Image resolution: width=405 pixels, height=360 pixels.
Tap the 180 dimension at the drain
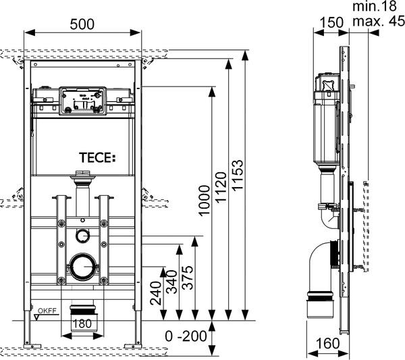coord(81,324)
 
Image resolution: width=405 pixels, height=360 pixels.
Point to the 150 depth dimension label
coord(329,23)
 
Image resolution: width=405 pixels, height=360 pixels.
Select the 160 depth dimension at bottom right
coord(329,343)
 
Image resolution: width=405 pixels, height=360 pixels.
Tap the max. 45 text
coord(377,21)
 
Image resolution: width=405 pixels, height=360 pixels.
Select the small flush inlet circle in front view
coord(82,235)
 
